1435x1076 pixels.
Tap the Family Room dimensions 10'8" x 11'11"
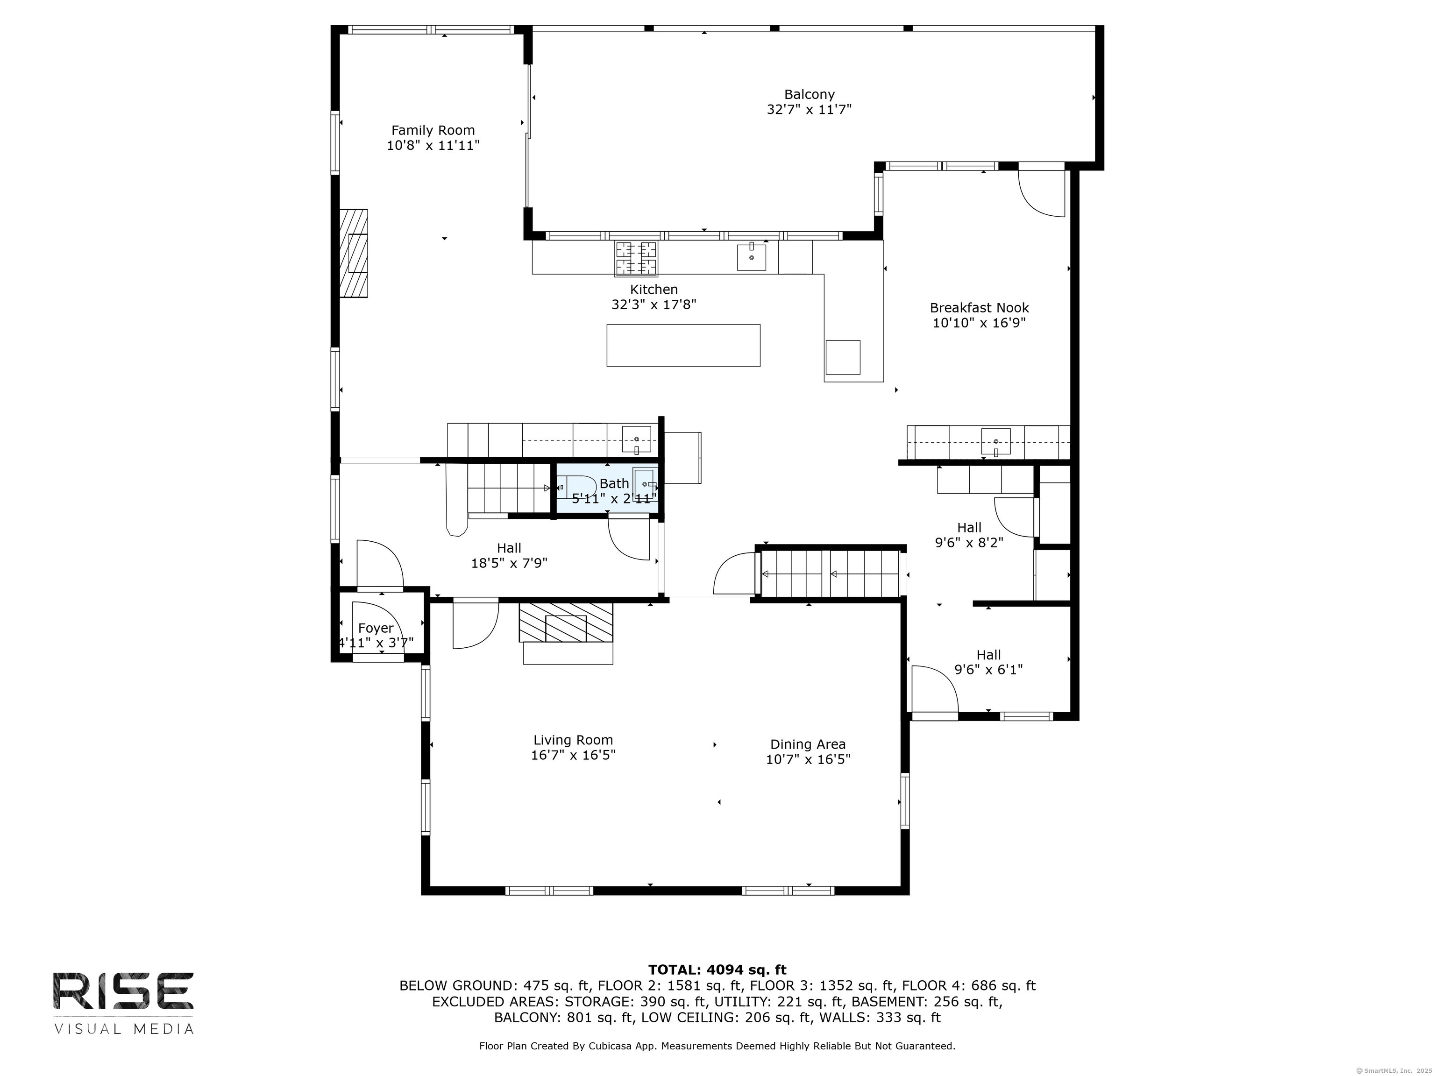click(x=433, y=145)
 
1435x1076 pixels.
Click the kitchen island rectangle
click(x=683, y=345)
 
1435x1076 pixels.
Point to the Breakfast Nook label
click(x=979, y=308)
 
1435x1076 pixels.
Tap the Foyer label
click(x=376, y=628)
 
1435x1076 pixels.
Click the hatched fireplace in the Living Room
click(x=566, y=623)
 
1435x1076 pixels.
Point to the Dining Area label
click(x=808, y=744)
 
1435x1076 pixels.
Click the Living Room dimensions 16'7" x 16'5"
click(x=573, y=755)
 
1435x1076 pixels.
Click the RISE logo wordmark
click(x=123, y=991)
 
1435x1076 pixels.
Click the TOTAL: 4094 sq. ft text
click(x=717, y=970)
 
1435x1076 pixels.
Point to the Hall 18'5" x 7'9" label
click(x=509, y=556)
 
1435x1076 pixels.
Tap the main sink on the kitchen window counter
click(x=751, y=257)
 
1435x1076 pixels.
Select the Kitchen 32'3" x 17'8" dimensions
click(x=654, y=304)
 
